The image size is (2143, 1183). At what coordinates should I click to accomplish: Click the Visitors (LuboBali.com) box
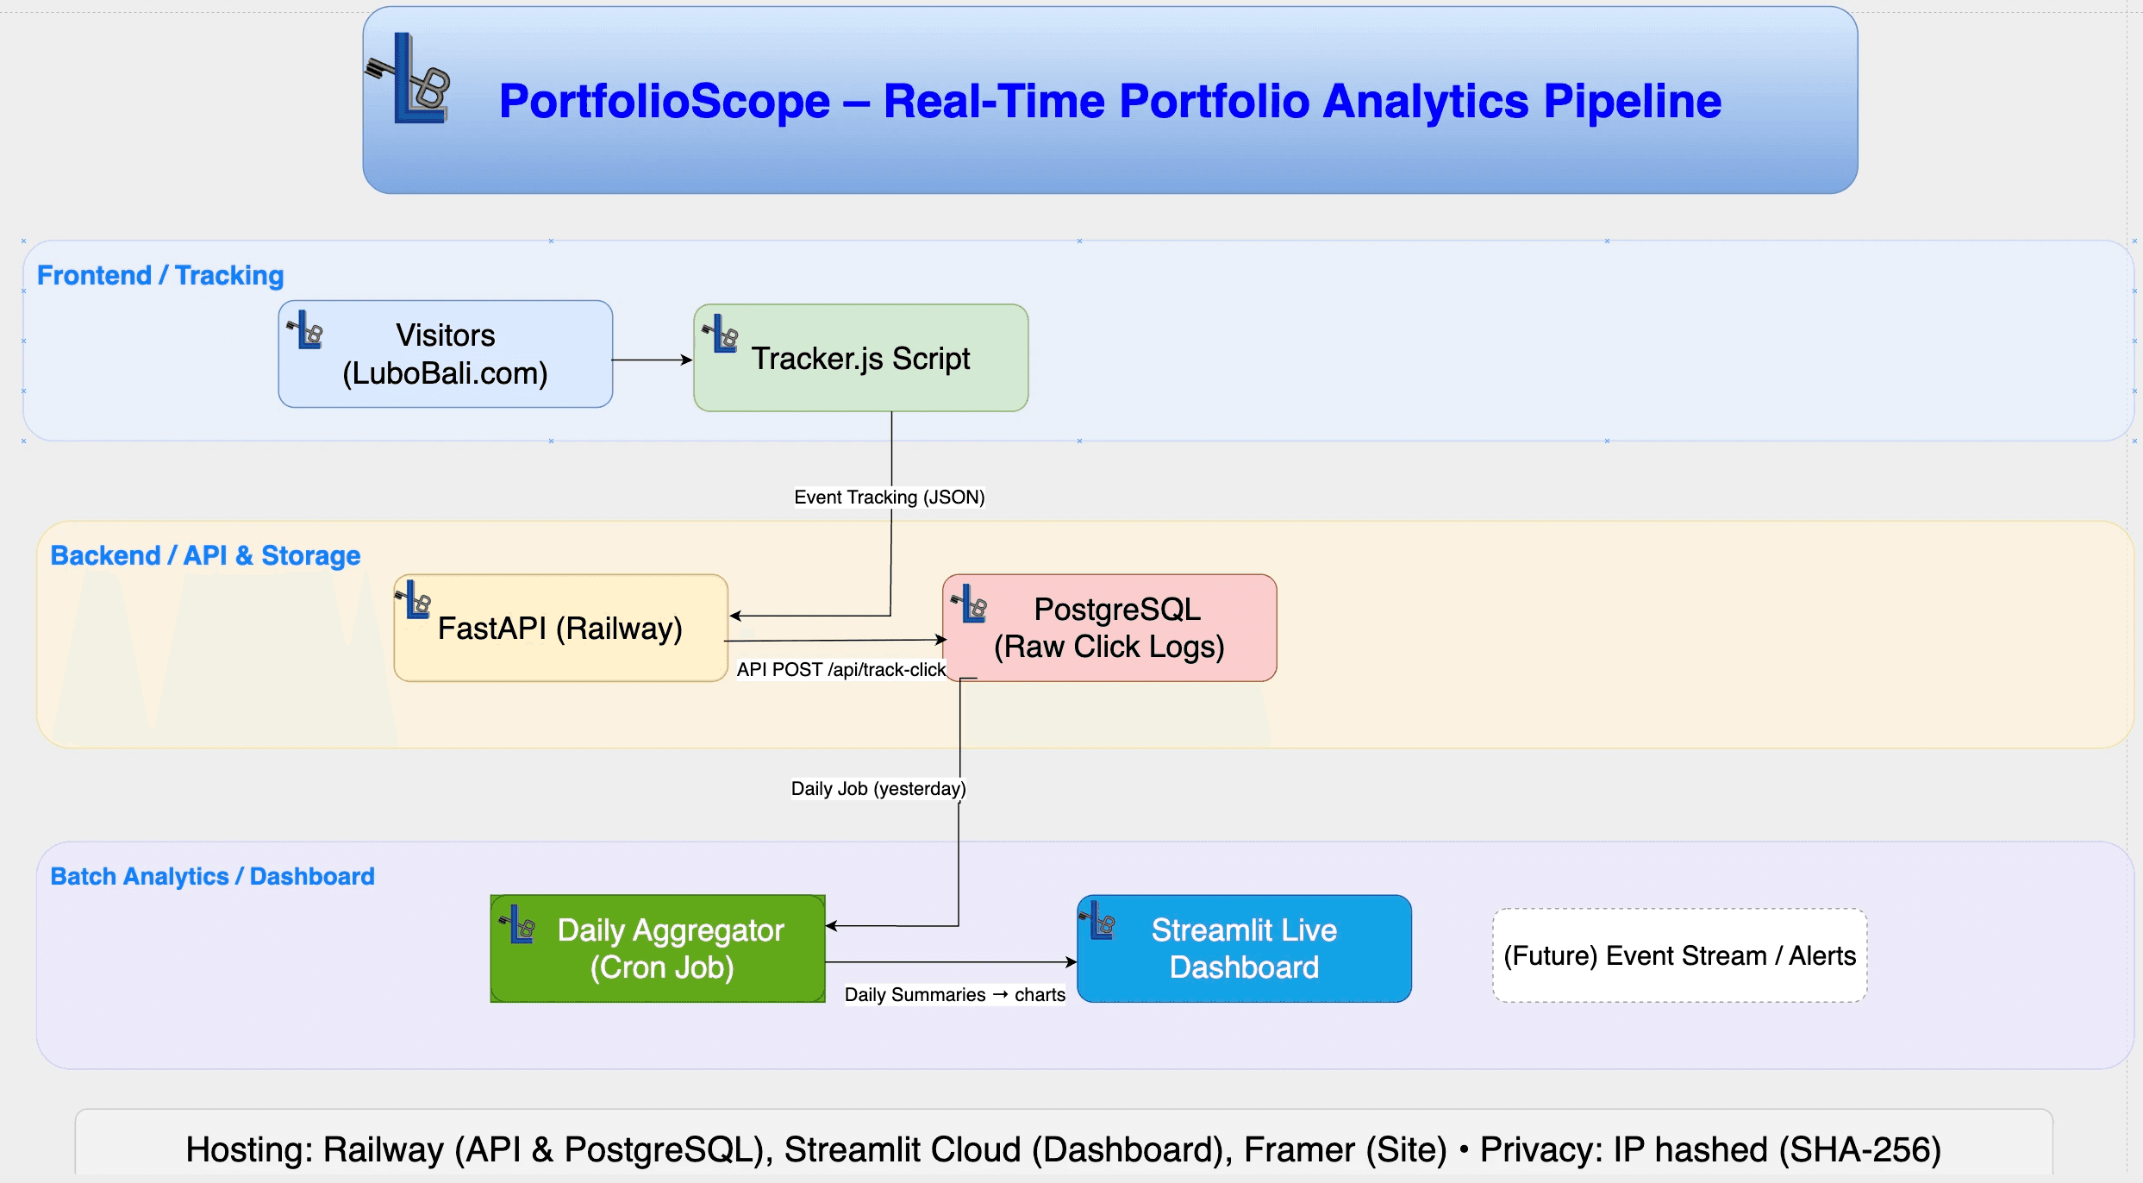(x=445, y=354)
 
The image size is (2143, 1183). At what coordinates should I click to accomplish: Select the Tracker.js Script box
(x=860, y=358)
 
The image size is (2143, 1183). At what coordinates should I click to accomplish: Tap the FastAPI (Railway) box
(x=560, y=629)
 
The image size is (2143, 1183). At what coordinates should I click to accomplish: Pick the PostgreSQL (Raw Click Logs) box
(x=1109, y=629)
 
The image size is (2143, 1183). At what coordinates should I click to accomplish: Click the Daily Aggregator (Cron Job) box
(x=658, y=948)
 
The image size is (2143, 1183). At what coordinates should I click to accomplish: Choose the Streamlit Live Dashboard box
(x=1244, y=948)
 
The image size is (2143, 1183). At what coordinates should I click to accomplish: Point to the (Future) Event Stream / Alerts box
(x=1679, y=955)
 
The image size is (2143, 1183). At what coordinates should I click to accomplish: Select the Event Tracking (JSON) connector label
(x=889, y=498)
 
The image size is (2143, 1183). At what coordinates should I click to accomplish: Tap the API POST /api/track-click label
(x=840, y=670)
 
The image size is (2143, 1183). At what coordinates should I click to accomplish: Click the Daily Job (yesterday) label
(x=878, y=789)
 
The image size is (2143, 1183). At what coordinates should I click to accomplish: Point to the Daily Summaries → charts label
(x=954, y=995)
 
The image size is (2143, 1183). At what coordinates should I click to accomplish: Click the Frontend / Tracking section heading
(x=160, y=276)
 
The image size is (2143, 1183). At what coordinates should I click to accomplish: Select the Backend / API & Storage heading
(x=205, y=556)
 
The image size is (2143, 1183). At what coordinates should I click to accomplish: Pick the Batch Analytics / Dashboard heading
(x=212, y=877)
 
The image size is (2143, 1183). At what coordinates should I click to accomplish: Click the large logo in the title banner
(x=411, y=79)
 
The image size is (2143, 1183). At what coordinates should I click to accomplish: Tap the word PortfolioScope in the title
(x=664, y=102)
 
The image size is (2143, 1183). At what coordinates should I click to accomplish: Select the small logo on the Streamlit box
(x=1098, y=922)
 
